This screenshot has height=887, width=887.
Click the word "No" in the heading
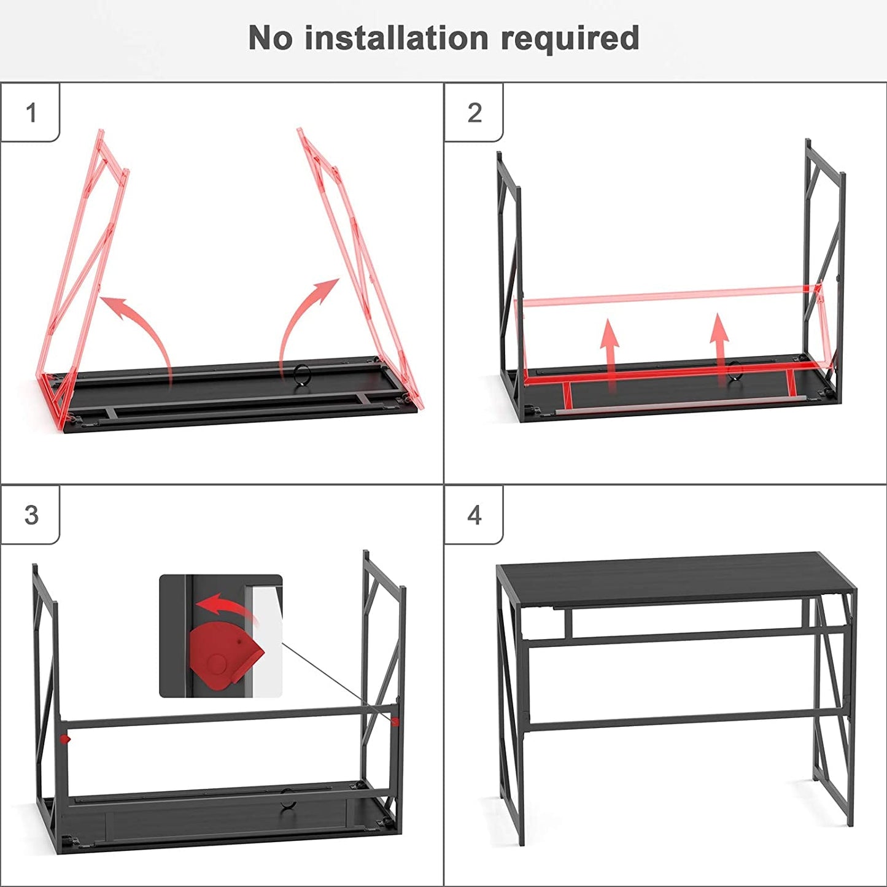(x=270, y=38)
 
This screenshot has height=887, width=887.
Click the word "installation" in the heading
(x=397, y=38)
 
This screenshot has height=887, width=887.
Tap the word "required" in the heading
(x=570, y=39)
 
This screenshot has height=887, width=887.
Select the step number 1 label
(x=31, y=113)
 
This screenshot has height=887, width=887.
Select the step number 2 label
(x=474, y=113)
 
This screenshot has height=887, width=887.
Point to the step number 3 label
(x=31, y=515)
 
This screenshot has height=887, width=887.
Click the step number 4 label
(x=474, y=515)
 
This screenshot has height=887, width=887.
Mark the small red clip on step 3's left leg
(x=65, y=739)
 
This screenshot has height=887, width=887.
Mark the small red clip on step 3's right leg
(x=395, y=721)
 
